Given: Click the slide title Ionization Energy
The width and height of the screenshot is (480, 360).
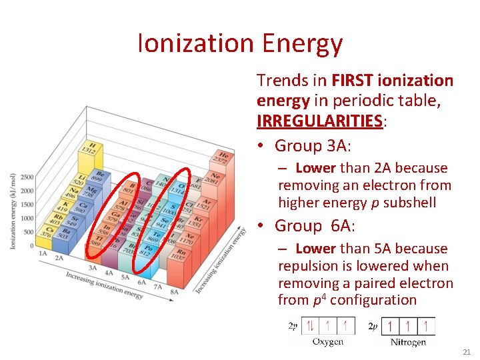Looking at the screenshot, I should coord(240,44).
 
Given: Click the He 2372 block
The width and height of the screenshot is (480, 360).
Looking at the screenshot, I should coord(223,159).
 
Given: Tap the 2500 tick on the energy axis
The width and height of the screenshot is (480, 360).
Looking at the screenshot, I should coord(27,177).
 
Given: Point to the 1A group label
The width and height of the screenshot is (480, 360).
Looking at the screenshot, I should coord(43,253).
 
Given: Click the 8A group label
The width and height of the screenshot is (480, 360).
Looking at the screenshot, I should coord(175,291).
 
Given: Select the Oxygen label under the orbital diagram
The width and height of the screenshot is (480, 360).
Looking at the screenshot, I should coord(328,342).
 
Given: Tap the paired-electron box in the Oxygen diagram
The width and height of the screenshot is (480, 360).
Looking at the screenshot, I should coord(311,326).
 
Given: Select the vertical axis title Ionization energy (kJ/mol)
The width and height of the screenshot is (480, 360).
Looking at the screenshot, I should coord(12,211).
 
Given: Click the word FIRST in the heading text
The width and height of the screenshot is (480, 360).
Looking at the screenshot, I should coord(353,81).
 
